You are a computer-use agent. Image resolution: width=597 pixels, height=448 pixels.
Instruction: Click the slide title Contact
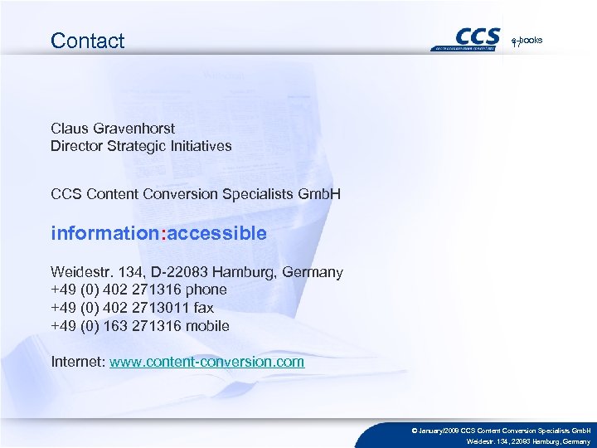coord(87,41)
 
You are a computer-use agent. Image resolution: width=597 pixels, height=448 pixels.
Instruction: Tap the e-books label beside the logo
coord(527,40)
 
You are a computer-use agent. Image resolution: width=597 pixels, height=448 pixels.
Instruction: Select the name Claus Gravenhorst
coord(113,129)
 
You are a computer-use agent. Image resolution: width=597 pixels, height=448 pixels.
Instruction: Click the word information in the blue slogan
coord(104,234)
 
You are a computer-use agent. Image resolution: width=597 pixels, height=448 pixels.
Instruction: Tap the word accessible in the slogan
coord(217,234)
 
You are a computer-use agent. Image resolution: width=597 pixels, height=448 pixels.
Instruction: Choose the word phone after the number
coord(206,290)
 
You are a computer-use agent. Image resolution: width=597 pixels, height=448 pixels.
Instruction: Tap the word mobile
coord(208,326)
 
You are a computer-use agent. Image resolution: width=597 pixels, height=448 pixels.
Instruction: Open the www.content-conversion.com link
coord(207,363)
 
